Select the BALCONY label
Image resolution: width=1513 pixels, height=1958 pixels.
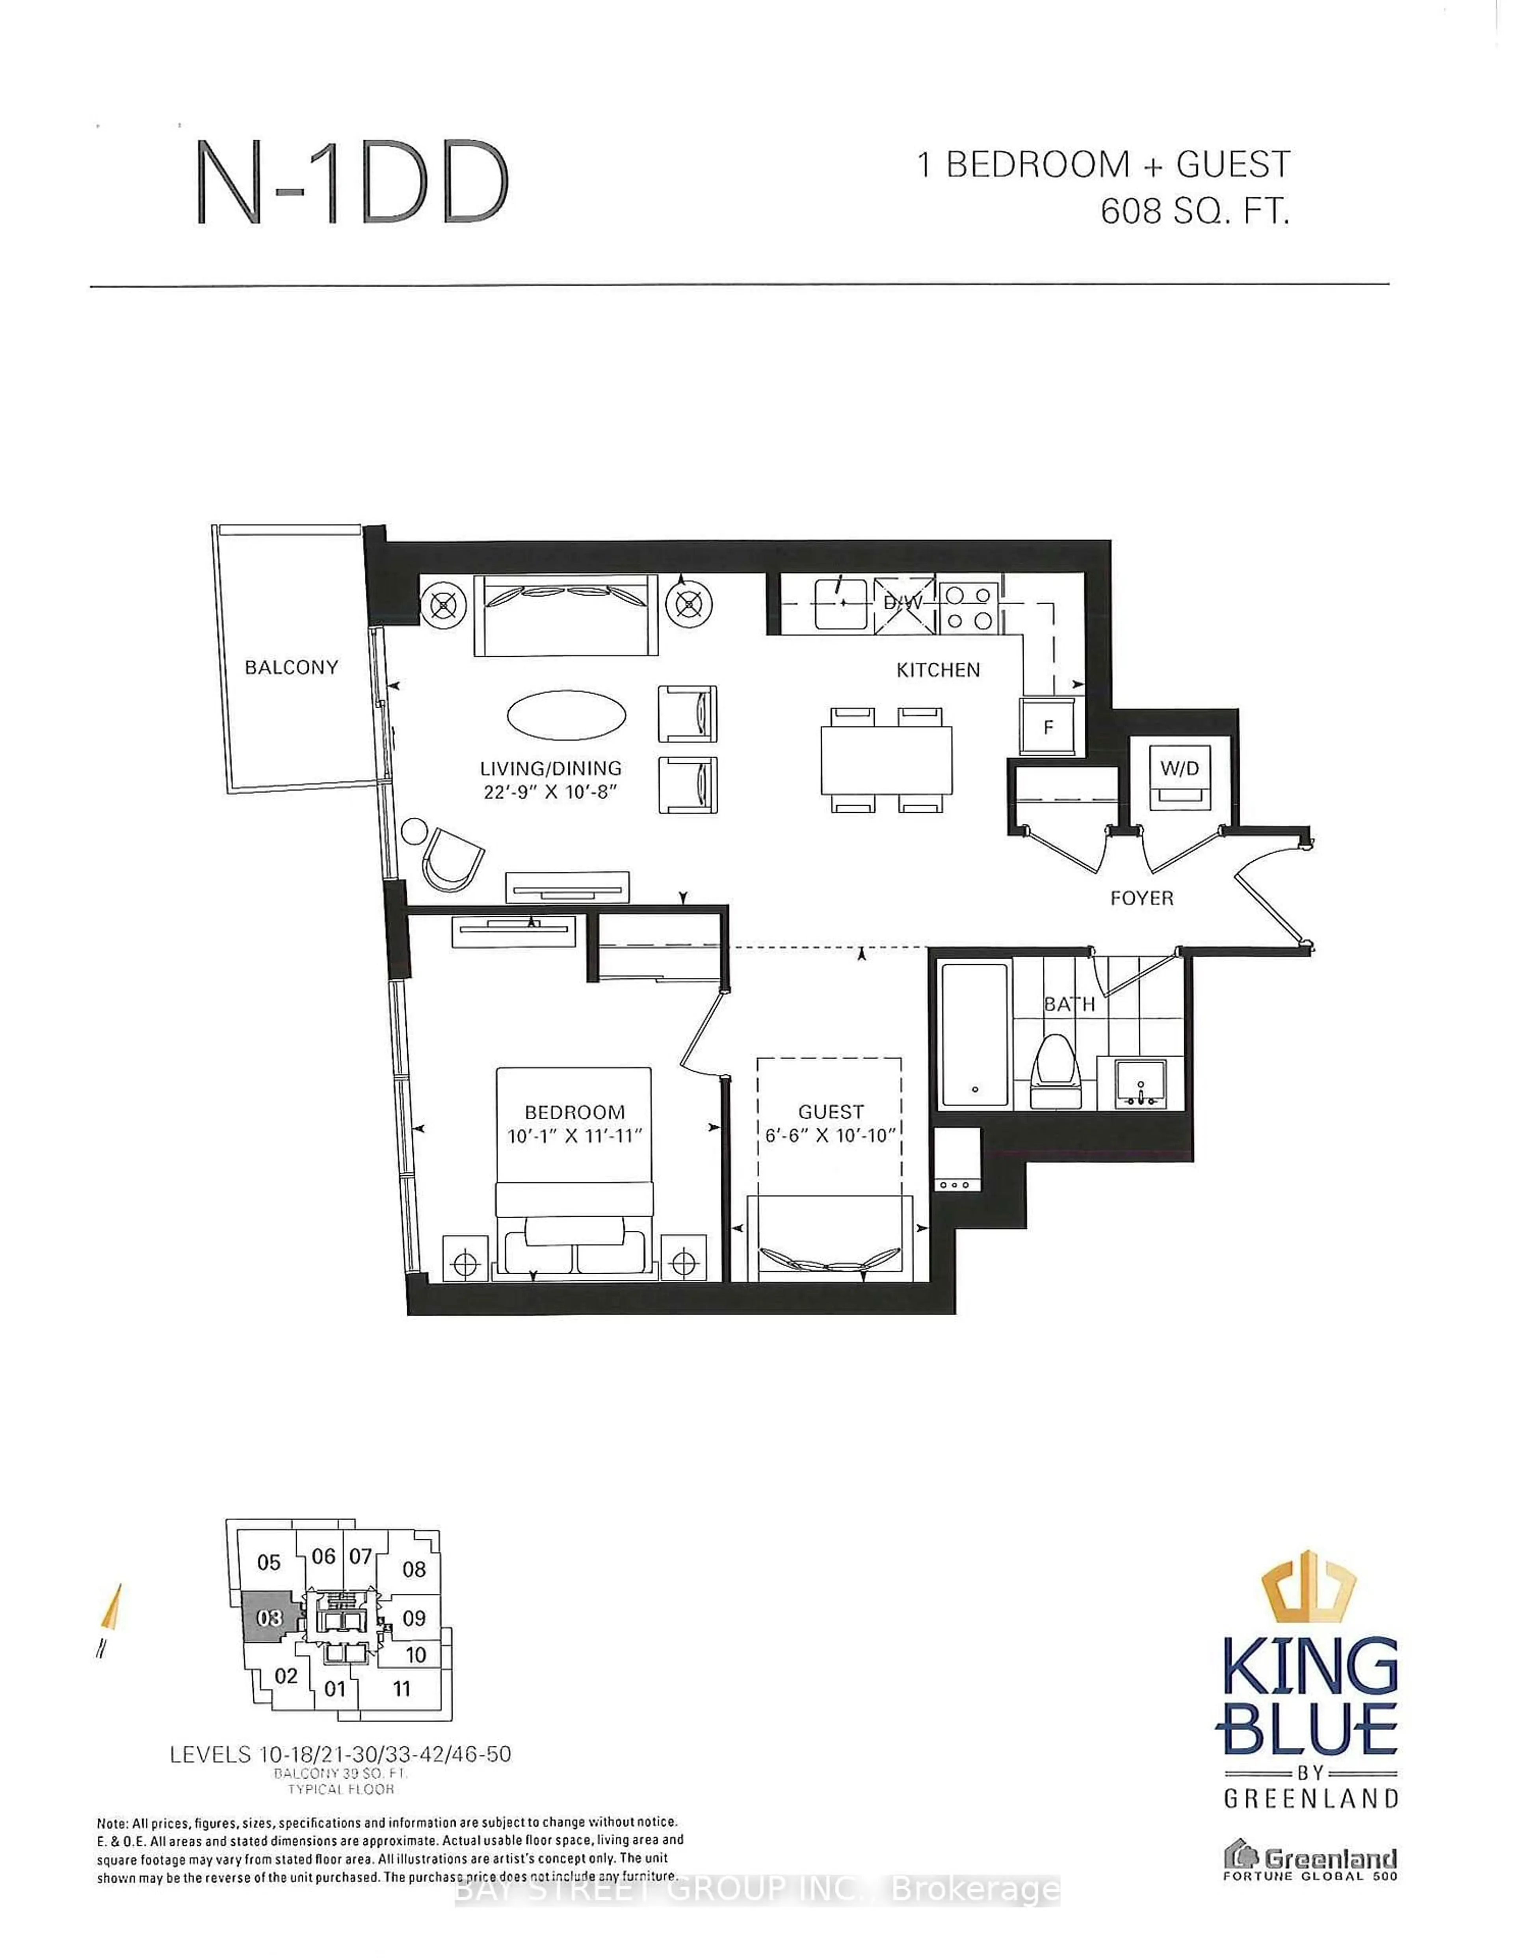pos(291,667)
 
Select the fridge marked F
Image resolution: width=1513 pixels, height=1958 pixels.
pos(1048,726)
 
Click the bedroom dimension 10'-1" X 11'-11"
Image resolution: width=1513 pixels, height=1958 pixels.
pos(574,1136)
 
